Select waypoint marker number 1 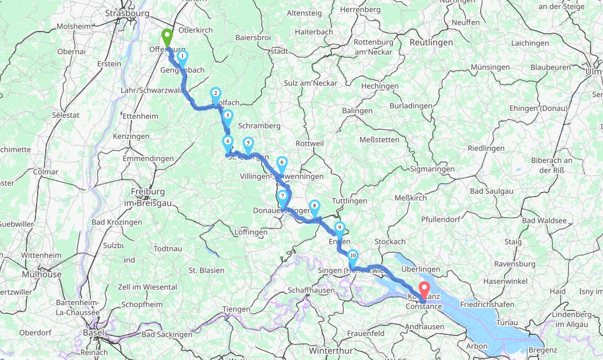(x=182, y=57)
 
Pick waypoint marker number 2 (x=215, y=94)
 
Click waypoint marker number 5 (x=247, y=143)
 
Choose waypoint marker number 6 (x=282, y=163)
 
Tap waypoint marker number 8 (x=314, y=207)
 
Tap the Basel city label (x=93, y=332)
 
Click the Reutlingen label (x=431, y=42)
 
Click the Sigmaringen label (x=432, y=169)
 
